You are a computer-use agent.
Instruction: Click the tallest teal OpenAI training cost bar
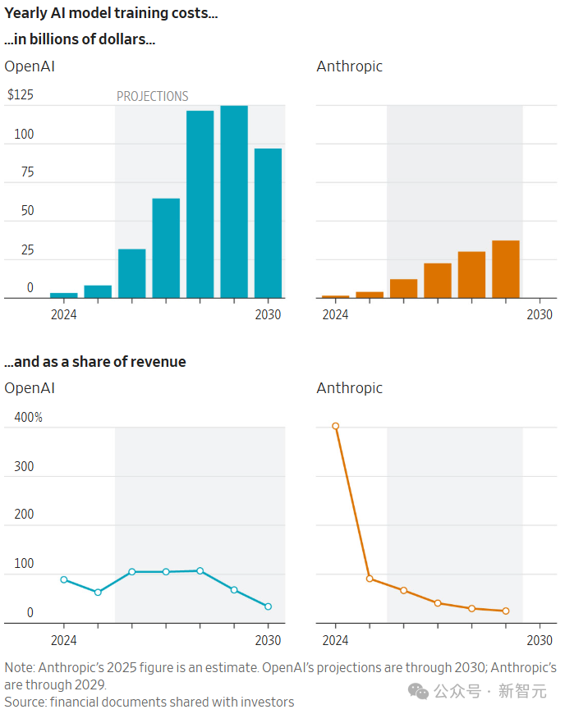[234, 201]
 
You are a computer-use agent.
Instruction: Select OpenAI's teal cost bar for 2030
[268, 223]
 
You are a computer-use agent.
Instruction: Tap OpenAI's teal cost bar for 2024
[64, 295]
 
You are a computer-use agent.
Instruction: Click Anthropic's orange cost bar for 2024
[335, 296]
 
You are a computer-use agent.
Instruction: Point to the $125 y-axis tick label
[21, 95]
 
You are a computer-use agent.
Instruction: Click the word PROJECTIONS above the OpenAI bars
[152, 96]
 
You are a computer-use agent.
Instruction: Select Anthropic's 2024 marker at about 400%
[335, 426]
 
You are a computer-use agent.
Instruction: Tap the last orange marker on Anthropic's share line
[506, 611]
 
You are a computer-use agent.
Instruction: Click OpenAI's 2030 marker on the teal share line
[268, 606]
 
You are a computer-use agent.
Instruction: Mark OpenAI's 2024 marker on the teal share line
[64, 579]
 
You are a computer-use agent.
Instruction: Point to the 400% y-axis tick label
[28, 418]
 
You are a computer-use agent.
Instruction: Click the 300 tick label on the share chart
[25, 466]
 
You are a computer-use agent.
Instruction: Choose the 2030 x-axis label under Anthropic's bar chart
[540, 314]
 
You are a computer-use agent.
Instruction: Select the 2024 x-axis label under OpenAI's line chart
[64, 640]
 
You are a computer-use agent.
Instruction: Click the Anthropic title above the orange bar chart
[349, 66]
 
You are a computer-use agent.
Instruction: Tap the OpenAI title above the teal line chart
[30, 387]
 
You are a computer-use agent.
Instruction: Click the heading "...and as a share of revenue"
[95, 361]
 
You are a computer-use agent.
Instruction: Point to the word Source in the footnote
[25, 702]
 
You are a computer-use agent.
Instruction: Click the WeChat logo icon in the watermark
[419, 692]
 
